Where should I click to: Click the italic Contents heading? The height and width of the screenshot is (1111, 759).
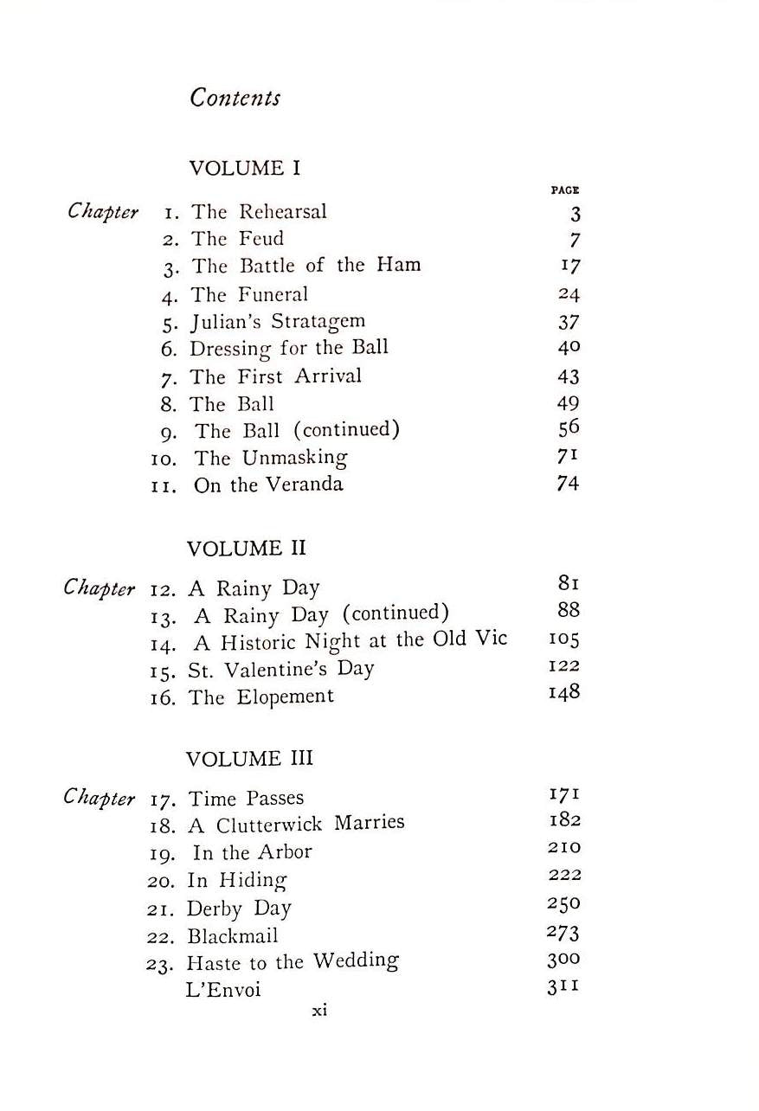[x=235, y=97]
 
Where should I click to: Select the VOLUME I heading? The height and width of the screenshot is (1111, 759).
[x=244, y=168]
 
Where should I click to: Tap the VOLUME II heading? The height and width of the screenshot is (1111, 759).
[x=247, y=549]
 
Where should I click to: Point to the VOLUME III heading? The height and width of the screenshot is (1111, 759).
[x=249, y=759]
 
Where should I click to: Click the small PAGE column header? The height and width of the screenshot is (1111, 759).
[x=564, y=189]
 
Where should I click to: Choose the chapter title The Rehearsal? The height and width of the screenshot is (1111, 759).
[x=259, y=212]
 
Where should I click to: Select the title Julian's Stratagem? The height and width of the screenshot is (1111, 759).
[x=277, y=321]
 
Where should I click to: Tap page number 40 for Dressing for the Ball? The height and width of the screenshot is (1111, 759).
[x=569, y=348]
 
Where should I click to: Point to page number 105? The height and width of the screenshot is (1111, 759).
[x=564, y=639]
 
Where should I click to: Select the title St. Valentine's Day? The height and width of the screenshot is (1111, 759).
[x=280, y=669]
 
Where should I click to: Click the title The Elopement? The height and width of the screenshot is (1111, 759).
[x=261, y=697]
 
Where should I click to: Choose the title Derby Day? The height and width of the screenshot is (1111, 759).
[x=239, y=909]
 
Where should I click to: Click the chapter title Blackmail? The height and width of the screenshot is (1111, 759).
[x=232, y=936]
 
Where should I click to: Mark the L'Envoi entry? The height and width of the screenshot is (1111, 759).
[x=222, y=990]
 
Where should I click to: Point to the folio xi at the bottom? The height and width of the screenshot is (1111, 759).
[x=319, y=1010]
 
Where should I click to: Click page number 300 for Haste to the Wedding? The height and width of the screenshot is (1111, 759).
[x=563, y=960]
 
